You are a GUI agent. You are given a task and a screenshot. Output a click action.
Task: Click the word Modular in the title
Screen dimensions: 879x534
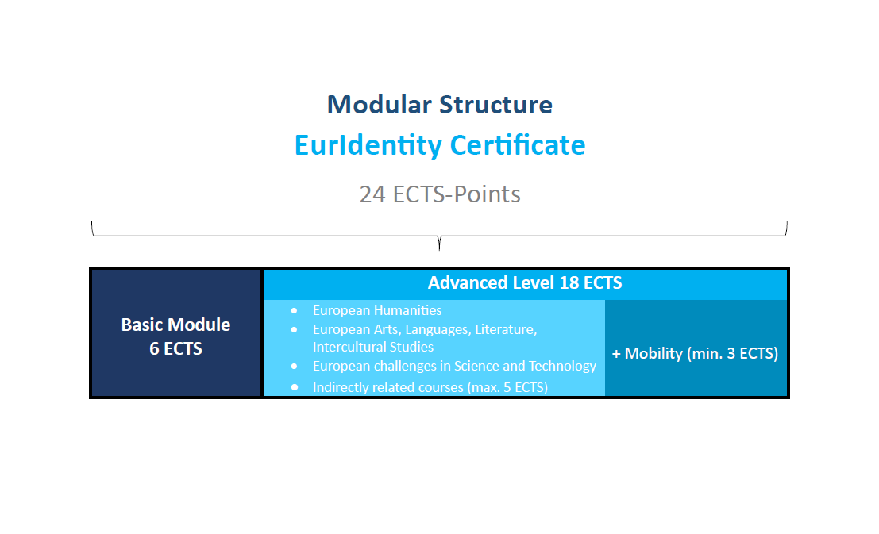tap(380, 105)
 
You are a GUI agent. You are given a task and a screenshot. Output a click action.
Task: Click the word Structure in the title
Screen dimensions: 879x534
tap(495, 105)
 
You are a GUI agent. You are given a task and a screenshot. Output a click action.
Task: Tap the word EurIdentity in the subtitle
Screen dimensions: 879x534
tap(368, 146)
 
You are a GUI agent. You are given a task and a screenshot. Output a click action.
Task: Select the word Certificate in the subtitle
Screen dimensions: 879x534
tap(518, 145)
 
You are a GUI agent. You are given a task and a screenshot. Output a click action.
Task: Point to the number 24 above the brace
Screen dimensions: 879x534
tap(372, 194)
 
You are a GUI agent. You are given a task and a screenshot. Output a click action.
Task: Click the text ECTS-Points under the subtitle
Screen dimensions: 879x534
tap(457, 194)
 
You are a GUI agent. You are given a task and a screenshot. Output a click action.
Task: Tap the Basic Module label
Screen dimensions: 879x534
tap(176, 325)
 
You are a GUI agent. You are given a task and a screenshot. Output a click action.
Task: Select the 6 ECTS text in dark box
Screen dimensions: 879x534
tap(176, 348)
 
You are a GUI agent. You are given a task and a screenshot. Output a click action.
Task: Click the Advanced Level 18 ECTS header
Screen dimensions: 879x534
tap(525, 283)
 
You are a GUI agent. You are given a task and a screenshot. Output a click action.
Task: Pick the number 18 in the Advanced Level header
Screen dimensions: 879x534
tap(569, 283)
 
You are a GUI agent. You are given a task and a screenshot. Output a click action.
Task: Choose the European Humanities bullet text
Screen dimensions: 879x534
tap(377, 310)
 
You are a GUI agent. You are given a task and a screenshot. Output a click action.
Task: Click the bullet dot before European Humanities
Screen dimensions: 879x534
tap(294, 310)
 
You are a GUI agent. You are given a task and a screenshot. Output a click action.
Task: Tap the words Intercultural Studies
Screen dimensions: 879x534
tap(373, 347)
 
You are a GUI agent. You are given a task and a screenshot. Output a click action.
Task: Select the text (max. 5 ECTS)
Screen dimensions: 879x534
tap(507, 387)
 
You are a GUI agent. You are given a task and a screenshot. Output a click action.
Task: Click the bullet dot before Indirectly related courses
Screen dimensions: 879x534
tap(294, 387)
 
